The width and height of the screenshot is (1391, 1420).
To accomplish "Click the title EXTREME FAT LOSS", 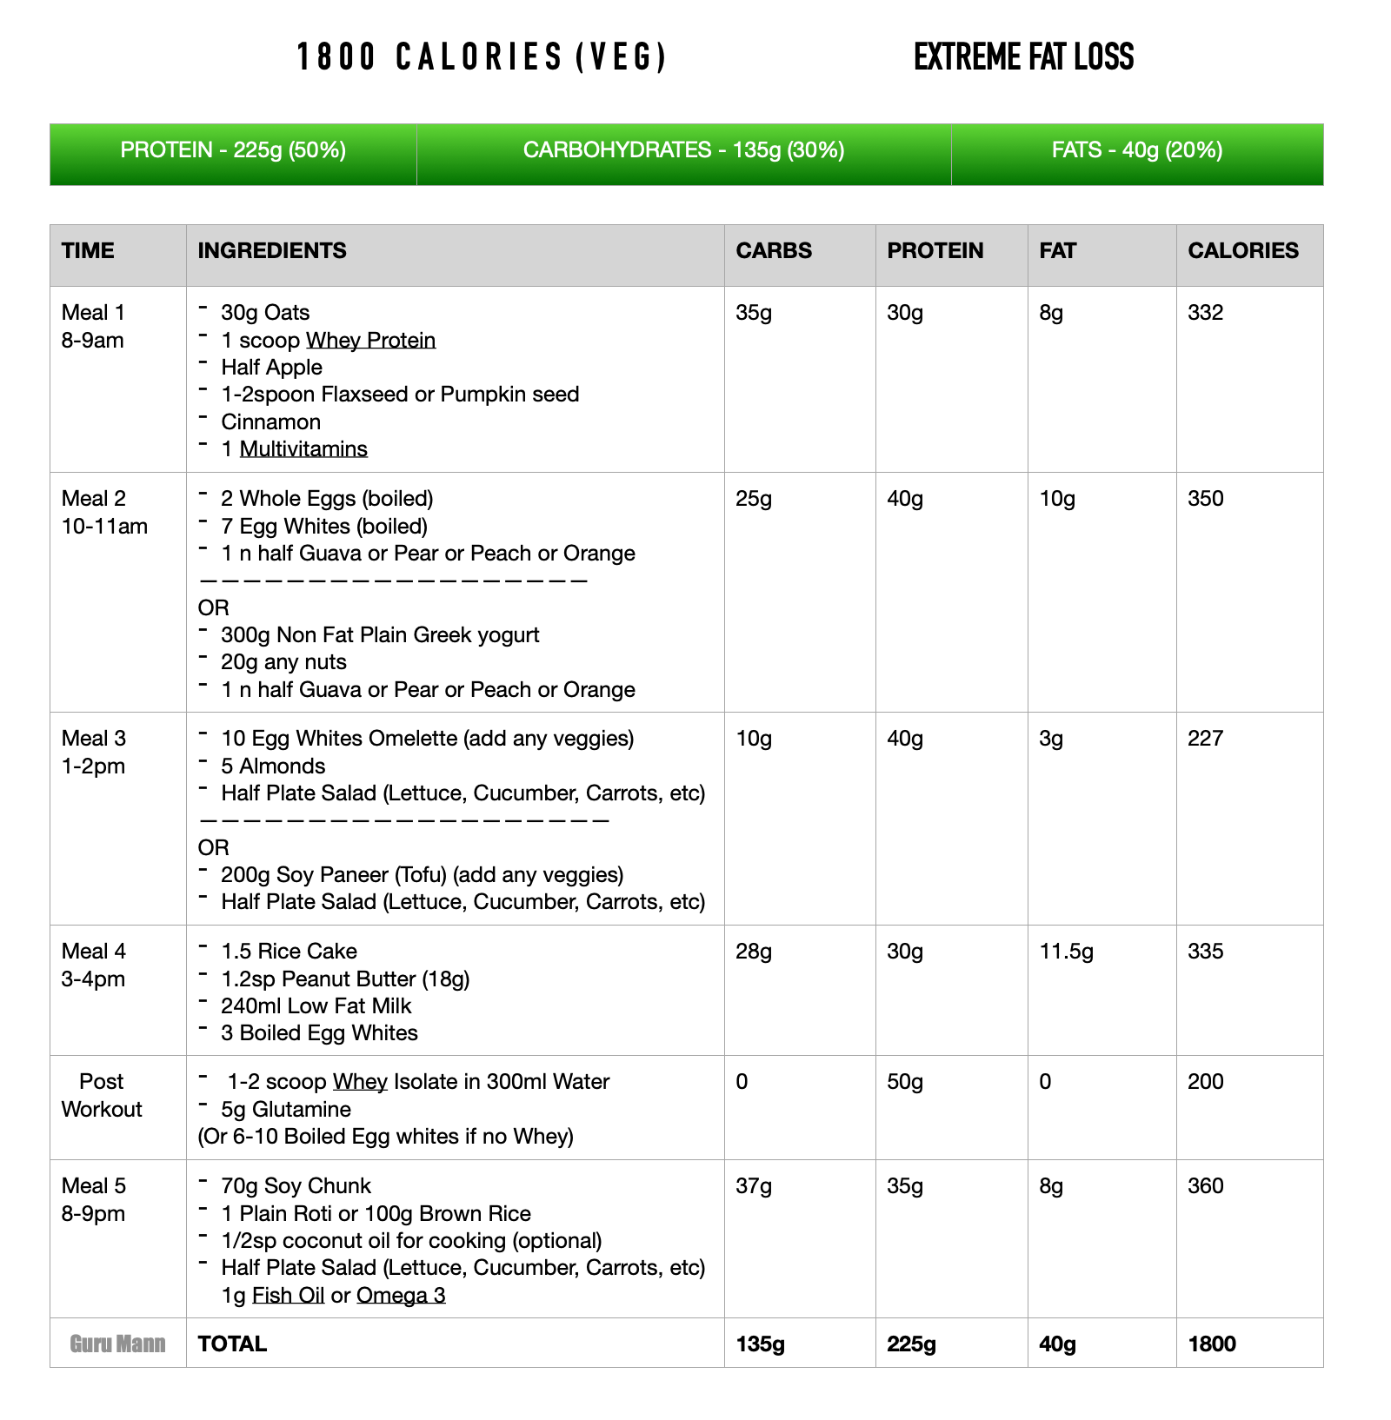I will pos(1023,57).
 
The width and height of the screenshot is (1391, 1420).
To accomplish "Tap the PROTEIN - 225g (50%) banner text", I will pos(233,150).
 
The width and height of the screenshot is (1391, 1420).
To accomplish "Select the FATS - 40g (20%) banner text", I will pos(1136,150).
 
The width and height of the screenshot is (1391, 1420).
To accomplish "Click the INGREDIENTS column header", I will pos(272,251).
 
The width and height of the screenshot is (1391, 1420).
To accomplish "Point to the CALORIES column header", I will pos(1243,251).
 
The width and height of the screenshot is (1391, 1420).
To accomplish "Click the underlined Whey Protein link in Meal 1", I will pos(371,341).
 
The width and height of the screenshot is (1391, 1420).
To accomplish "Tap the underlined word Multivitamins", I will pos(303,449).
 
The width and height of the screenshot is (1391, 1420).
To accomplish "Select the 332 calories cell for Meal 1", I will pos(1205,313).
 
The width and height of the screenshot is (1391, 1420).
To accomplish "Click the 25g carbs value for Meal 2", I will pos(754,499).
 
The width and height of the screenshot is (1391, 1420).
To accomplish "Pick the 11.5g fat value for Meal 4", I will pos(1066,952).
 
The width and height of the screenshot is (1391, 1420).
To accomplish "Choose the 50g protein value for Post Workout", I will pos(905,1082).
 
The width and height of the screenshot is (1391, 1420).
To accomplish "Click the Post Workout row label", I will pos(102,1095).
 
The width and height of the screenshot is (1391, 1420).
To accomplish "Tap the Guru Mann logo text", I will pos(117,1344).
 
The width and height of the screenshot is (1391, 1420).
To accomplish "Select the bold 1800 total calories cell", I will pos(1212,1344).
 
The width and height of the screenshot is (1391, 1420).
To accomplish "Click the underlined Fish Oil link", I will pos(288,1296).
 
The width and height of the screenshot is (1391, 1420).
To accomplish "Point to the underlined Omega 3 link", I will pos(401,1296).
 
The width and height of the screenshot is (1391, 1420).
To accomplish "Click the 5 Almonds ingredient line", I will pos(273,766).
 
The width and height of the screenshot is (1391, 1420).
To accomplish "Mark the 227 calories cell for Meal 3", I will pos(1205,739).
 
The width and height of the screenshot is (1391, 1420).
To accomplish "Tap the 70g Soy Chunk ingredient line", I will pos(296,1186).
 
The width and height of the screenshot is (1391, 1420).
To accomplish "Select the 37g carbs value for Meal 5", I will pos(754,1186).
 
